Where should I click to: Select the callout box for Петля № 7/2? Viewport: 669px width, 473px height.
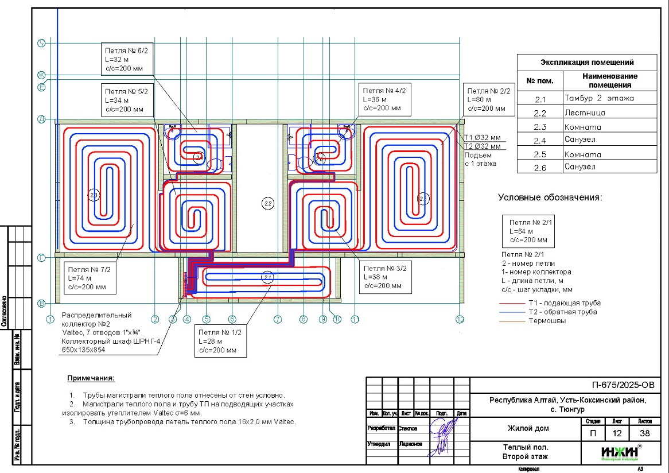point(92,278)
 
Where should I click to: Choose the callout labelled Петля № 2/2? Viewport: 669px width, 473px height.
point(488,99)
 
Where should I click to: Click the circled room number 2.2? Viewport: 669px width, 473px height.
point(267,203)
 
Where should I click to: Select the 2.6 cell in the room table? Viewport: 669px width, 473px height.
point(540,168)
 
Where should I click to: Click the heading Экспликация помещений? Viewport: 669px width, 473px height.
point(586,63)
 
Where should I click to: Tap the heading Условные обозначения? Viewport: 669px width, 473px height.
point(550,197)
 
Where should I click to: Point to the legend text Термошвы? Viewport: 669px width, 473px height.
point(547,321)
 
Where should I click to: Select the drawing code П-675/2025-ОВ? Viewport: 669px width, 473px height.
point(622,385)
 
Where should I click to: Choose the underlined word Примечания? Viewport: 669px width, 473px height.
point(91,378)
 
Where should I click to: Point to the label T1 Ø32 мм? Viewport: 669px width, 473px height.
point(482,137)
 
